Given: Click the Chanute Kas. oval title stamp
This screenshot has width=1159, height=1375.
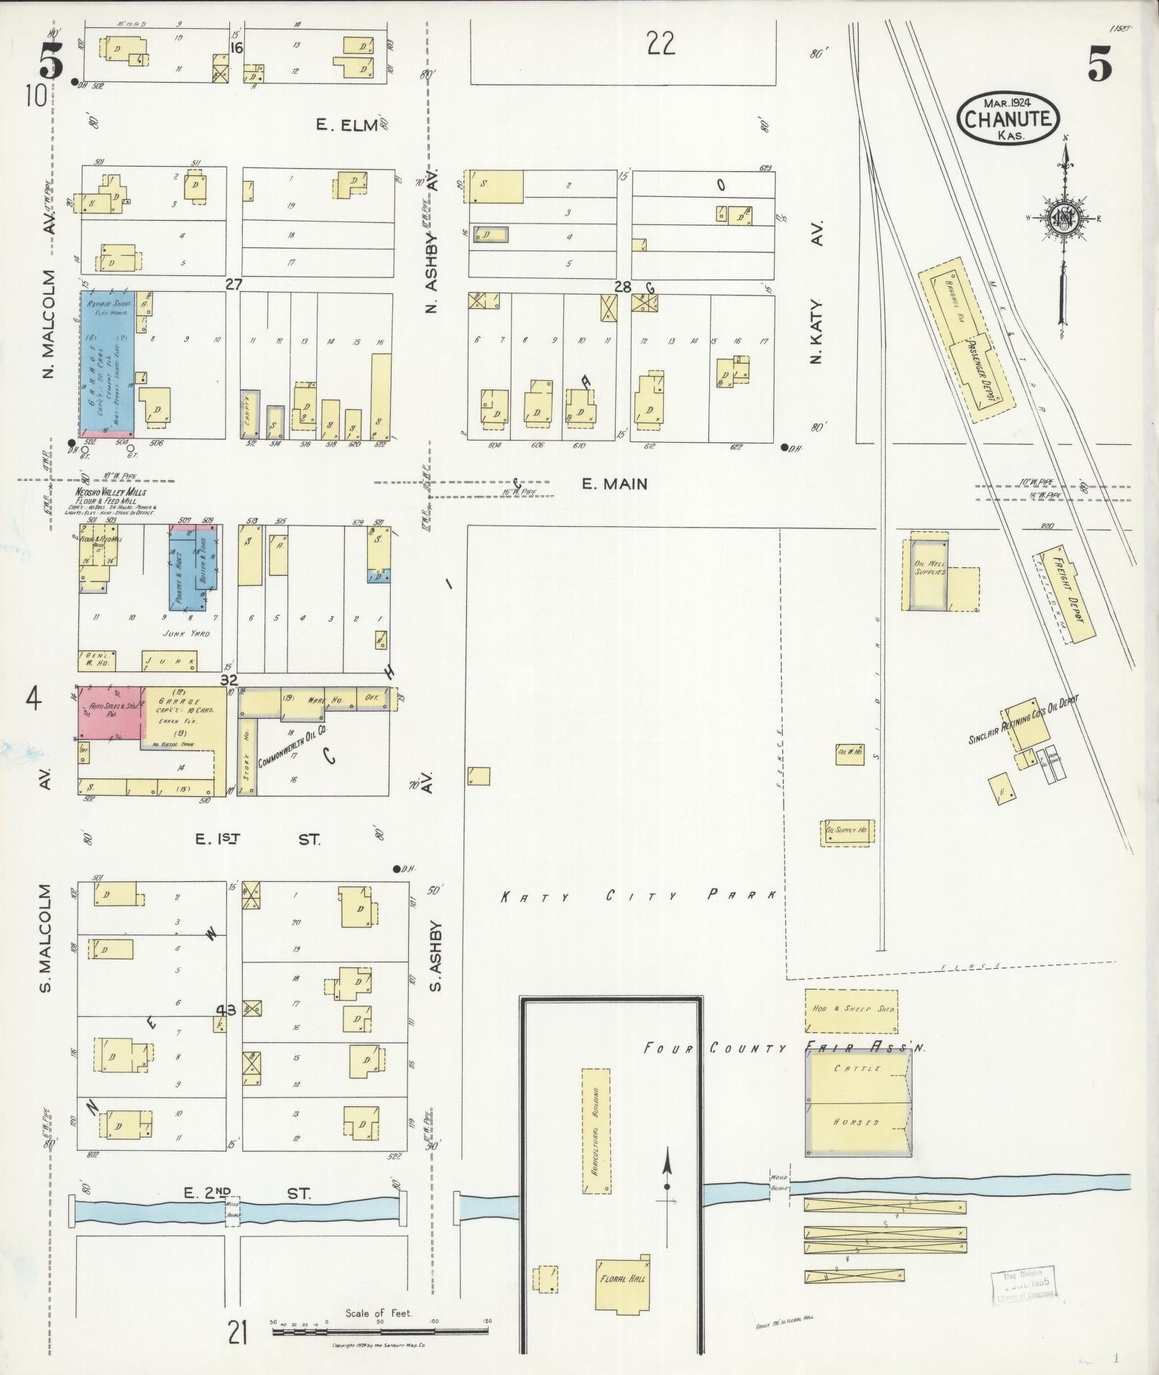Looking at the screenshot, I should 1008,118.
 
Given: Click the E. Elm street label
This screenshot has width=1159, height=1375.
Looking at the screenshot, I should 348,125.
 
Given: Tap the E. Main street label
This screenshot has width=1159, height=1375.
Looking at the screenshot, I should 614,484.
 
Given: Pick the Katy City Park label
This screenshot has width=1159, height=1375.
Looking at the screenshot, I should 638,896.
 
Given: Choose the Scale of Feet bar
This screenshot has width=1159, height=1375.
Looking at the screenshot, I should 379,1331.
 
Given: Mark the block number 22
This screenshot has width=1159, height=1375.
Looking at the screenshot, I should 660,45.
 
